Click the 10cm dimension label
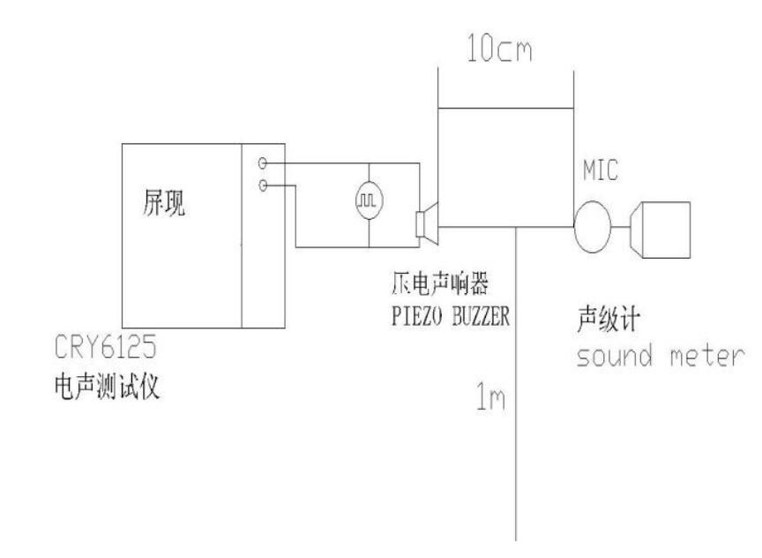point(499,48)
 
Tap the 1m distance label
point(490,396)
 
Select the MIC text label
point(601,170)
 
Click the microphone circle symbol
point(593,227)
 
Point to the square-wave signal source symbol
point(370,200)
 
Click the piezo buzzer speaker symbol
point(428,224)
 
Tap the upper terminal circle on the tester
point(263,163)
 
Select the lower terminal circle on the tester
point(263,185)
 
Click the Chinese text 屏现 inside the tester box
point(164,202)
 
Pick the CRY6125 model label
point(106,346)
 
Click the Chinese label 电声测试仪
point(107,388)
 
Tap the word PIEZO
point(417,316)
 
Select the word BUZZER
point(482,316)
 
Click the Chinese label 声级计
point(609,319)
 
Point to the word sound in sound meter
point(614,356)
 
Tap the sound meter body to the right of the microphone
point(660,230)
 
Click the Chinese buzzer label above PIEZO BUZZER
point(440,283)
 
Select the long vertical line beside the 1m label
point(516,383)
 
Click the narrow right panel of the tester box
point(264,236)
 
